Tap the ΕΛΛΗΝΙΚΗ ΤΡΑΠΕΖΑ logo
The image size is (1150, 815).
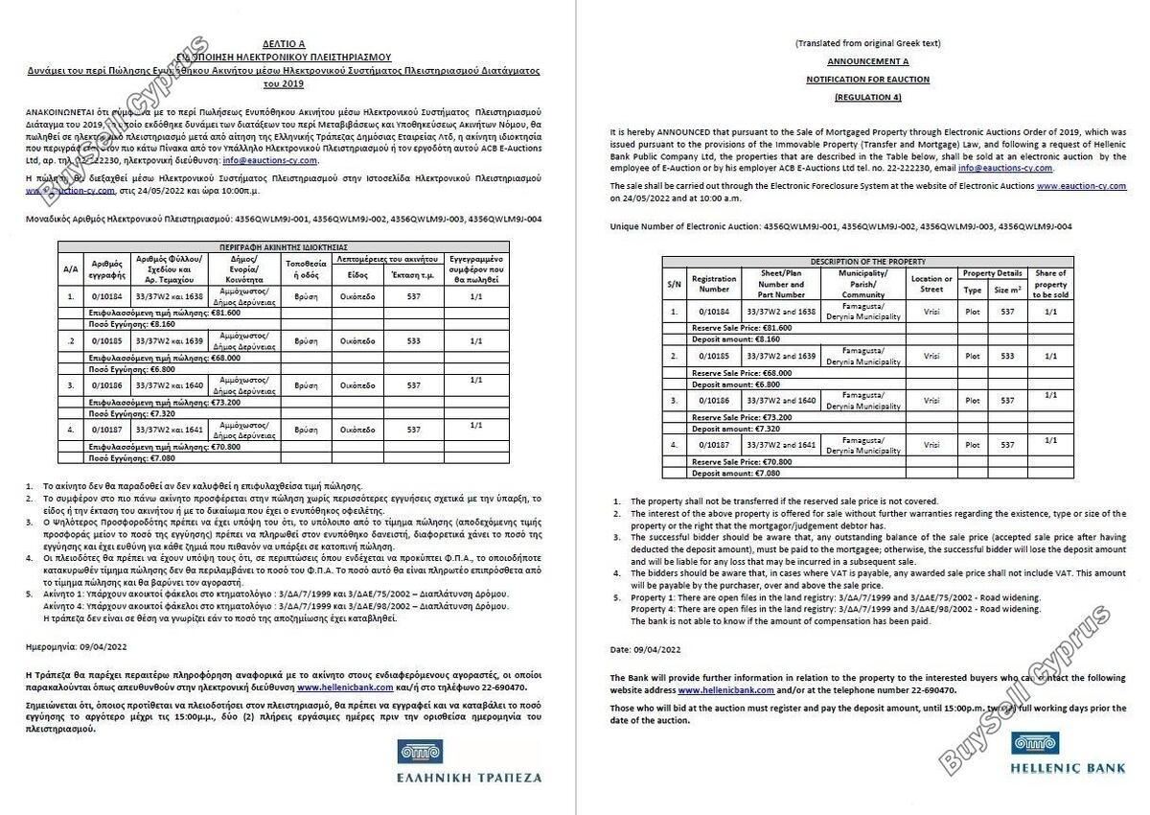(469, 760)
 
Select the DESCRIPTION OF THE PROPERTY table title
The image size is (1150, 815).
(868, 262)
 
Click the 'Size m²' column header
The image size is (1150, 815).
(1007, 290)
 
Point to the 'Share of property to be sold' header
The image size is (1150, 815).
(1050, 284)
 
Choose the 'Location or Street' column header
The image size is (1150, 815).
(931, 284)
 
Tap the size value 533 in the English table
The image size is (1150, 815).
(1007, 356)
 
